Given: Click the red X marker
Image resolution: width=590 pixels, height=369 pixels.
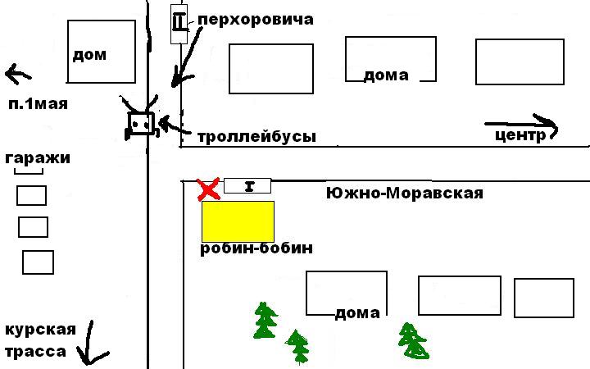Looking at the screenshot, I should point(210,189).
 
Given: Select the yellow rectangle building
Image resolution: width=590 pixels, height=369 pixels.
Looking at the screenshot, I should point(238,221).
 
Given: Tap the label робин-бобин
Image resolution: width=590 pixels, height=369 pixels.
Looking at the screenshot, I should point(256,248).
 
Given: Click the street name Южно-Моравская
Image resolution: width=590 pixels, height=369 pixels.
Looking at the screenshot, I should point(404,194).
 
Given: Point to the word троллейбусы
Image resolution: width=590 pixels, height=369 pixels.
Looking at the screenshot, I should point(256,137).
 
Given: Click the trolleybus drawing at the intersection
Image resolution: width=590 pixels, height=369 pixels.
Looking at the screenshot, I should point(141,125).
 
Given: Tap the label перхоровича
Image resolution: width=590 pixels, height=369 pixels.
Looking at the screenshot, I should point(256,19).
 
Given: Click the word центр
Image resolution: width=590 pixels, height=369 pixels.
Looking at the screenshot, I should point(520,136).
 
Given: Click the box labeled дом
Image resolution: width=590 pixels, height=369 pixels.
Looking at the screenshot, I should point(100,52).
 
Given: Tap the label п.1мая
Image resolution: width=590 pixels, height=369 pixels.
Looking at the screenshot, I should point(38,104).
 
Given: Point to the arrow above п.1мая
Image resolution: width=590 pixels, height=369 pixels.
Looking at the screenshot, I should point(18,75).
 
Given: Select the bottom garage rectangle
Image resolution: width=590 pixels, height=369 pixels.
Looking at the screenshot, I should point(38,262).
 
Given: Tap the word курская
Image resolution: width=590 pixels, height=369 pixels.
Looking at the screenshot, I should point(40,330).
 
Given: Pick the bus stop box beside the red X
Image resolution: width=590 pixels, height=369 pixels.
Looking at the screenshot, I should point(247,185).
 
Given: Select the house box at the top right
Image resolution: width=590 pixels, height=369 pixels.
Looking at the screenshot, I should point(520,61).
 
